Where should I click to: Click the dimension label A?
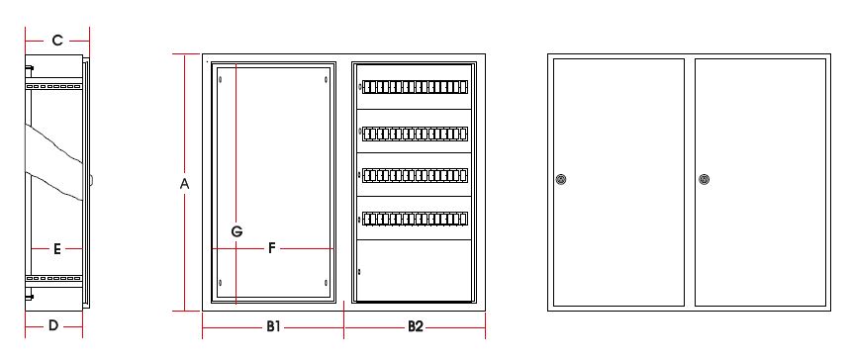(184, 184)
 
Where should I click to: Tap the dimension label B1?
(273, 326)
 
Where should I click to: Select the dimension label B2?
(416, 326)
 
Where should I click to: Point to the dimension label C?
(57, 40)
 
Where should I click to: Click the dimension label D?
(53, 325)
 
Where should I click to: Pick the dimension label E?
(56, 249)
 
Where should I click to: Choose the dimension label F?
(272, 248)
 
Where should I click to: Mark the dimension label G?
(236, 231)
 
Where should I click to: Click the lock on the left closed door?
(562, 179)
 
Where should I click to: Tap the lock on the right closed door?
(704, 179)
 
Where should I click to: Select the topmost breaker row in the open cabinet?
(415, 87)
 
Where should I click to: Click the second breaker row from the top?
(415, 133)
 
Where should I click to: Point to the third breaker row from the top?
(415, 175)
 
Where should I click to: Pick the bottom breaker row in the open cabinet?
(415, 219)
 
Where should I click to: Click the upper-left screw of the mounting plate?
(221, 80)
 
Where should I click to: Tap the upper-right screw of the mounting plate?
(326, 80)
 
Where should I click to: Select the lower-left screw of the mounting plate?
(221, 283)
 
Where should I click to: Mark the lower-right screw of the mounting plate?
(326, 283)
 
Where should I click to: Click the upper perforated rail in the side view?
(53, 86)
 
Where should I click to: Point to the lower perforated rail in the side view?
(53, 278)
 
